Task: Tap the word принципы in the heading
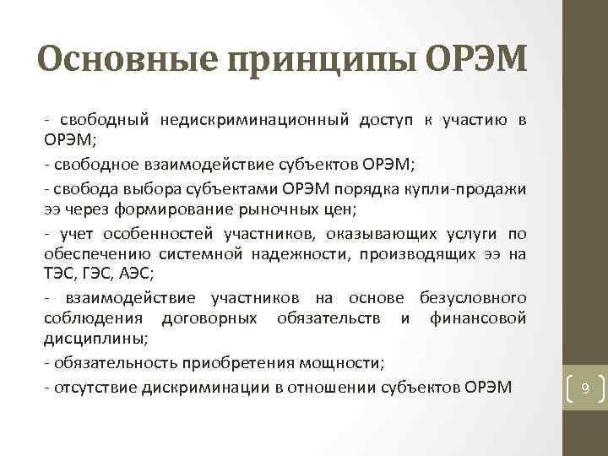[318, 60]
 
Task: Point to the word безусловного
[473, 298]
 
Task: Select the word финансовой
[478, 318]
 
